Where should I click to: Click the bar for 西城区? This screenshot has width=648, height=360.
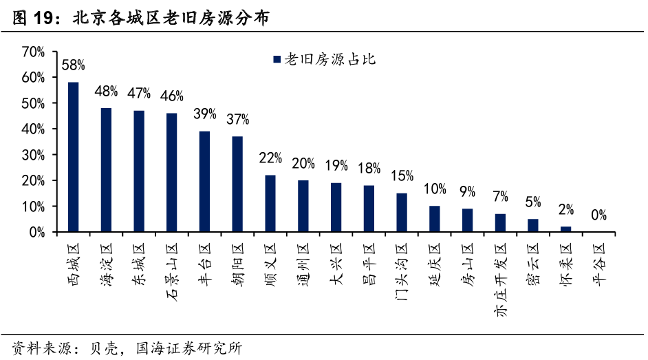73,157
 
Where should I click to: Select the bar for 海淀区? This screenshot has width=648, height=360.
106,170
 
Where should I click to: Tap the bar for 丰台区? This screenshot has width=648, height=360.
204,182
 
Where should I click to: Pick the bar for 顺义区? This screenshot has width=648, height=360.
270,204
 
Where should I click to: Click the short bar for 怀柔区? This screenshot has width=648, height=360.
565,229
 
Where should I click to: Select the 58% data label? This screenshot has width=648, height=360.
73,65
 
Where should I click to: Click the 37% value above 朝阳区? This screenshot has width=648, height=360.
237,119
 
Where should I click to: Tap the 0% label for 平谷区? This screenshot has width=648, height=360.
598,215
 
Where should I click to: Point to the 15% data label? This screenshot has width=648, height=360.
402,176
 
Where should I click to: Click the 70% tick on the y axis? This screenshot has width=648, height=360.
33,52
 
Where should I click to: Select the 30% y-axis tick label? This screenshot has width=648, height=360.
33,155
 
